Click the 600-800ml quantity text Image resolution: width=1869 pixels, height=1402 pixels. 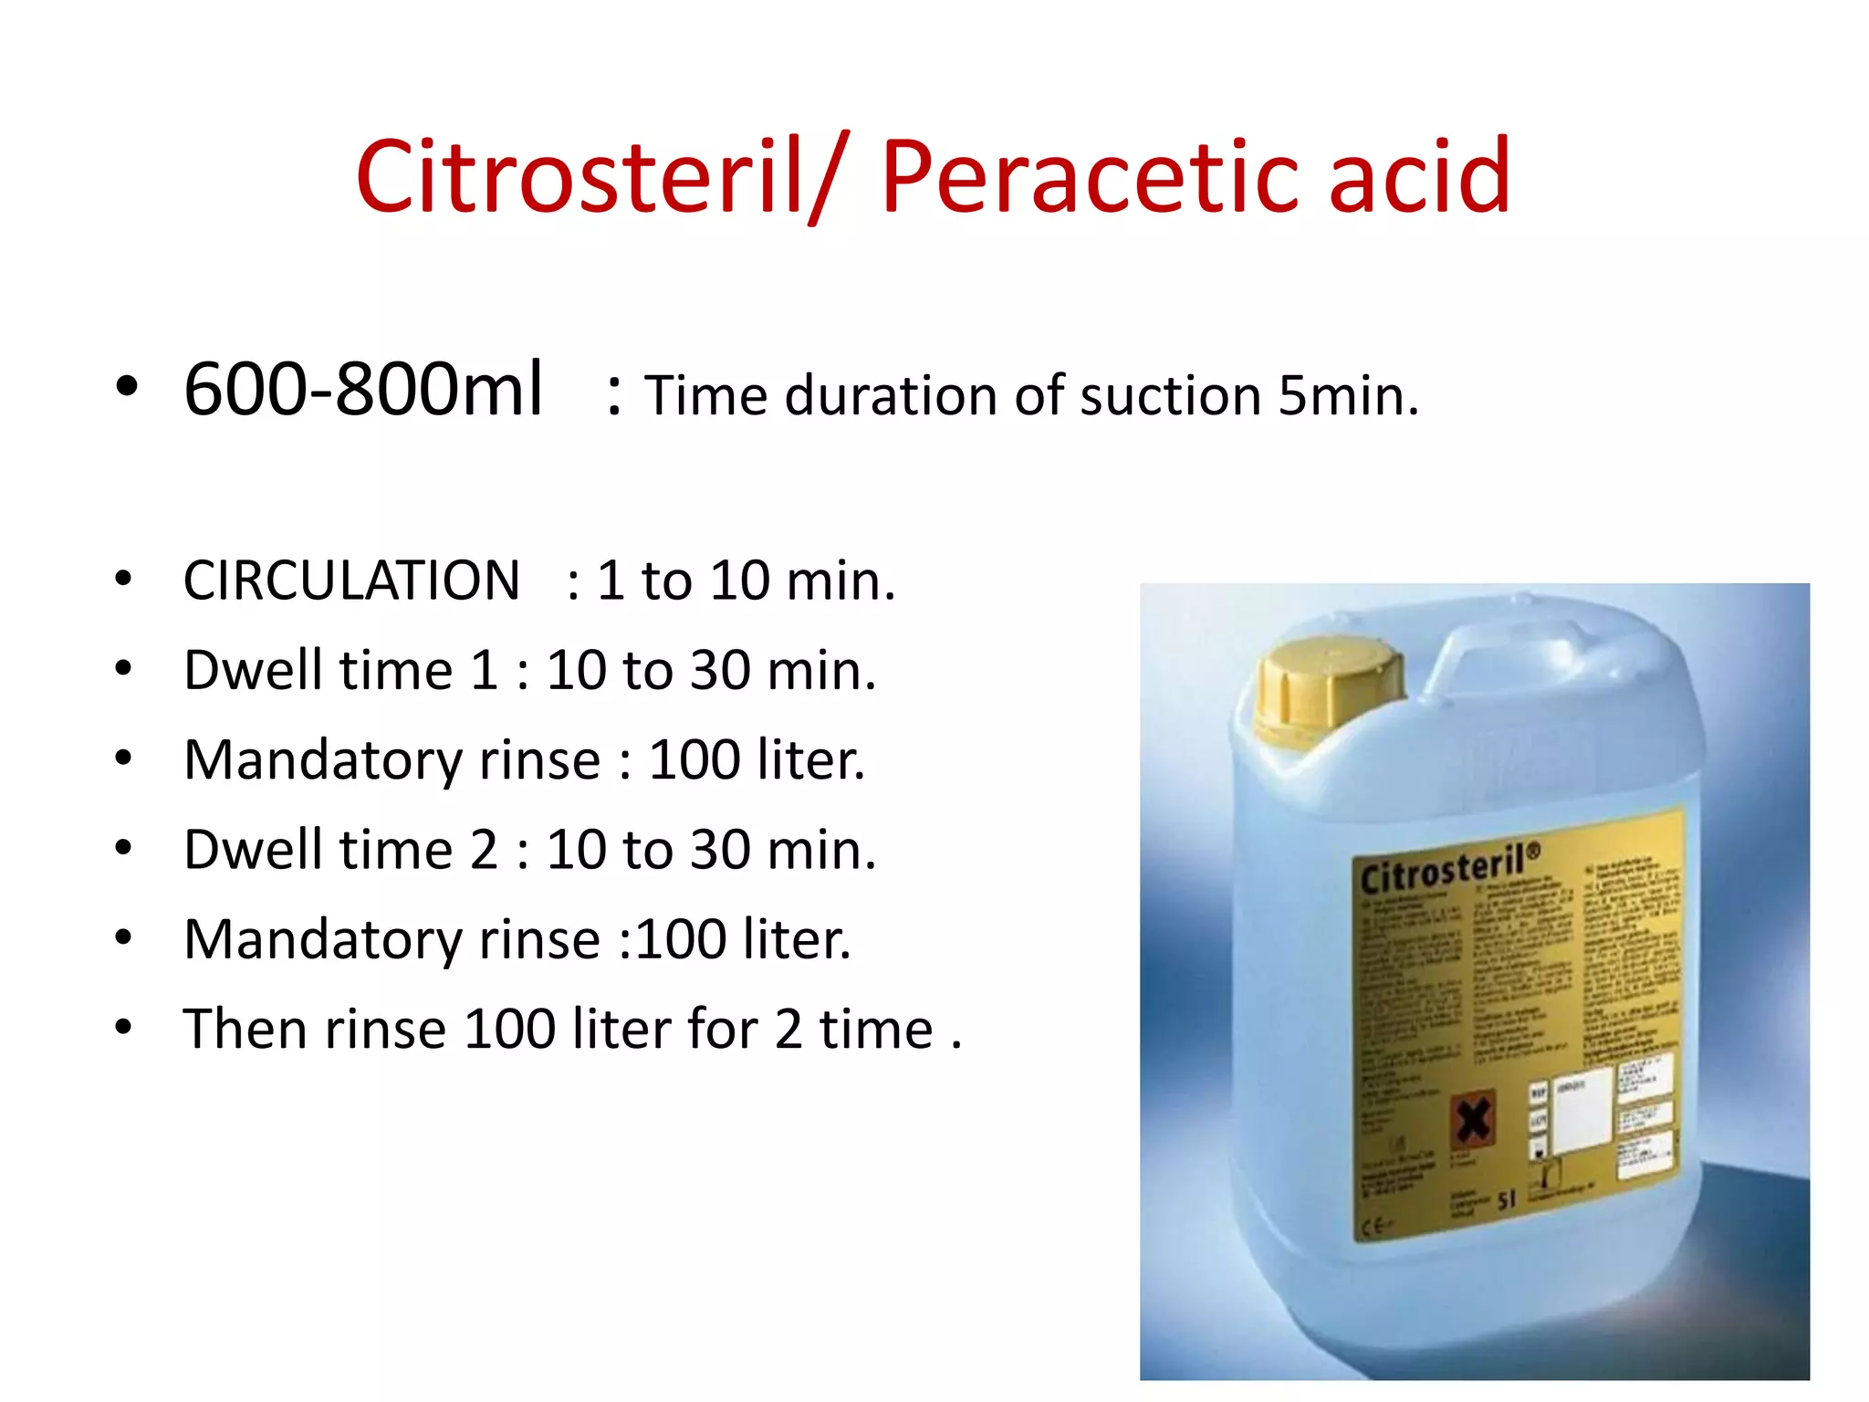(363, 390)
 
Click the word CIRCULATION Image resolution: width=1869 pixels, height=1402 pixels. (351, 581)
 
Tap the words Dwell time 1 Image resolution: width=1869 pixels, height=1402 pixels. (340, 670)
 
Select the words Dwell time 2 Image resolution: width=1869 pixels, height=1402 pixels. (340, 850)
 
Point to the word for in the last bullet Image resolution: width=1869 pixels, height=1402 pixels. (722, 1029)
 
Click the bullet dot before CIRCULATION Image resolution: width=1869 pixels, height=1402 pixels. (124, 580)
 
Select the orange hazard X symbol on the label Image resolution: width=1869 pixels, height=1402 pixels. (1472, 1120)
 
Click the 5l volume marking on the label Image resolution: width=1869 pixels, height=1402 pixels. (1506, 1199)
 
